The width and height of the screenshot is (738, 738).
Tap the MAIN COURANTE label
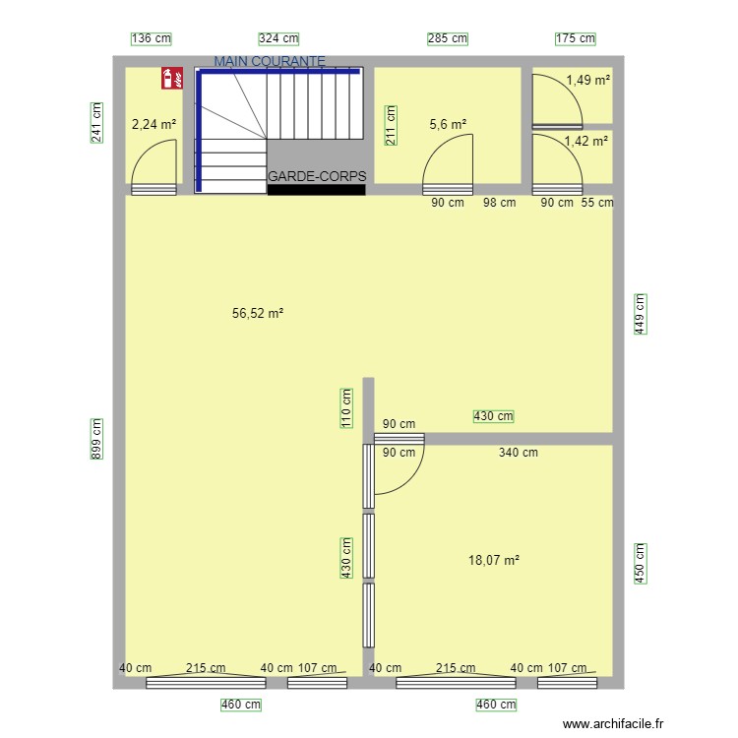(x=269, y=61)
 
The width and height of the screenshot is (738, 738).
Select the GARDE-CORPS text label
(x=317, y=177)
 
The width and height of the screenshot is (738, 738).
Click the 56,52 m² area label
(x=258, y=314)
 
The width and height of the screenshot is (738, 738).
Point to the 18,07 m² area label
(x=494, y=560)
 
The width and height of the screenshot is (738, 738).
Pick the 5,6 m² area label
(x=448, y=124)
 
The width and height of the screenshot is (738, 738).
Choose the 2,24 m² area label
(x=154, y=124)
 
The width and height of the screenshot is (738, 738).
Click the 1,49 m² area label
(x=587, y=81)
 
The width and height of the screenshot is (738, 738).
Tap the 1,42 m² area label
(x=585, y=142)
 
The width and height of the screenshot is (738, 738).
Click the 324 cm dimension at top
(x=278, y=38)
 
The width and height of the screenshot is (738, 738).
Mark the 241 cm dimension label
(x=96, y=122)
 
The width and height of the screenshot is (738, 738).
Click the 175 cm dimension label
(x=576, y=38)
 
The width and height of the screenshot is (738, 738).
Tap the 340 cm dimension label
(x=518, y=453)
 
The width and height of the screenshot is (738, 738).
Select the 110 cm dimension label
(x=346, y=405)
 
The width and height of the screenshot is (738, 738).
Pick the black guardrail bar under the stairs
(x=316, y=189)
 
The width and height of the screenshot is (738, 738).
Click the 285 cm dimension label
(x=447, y=38)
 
